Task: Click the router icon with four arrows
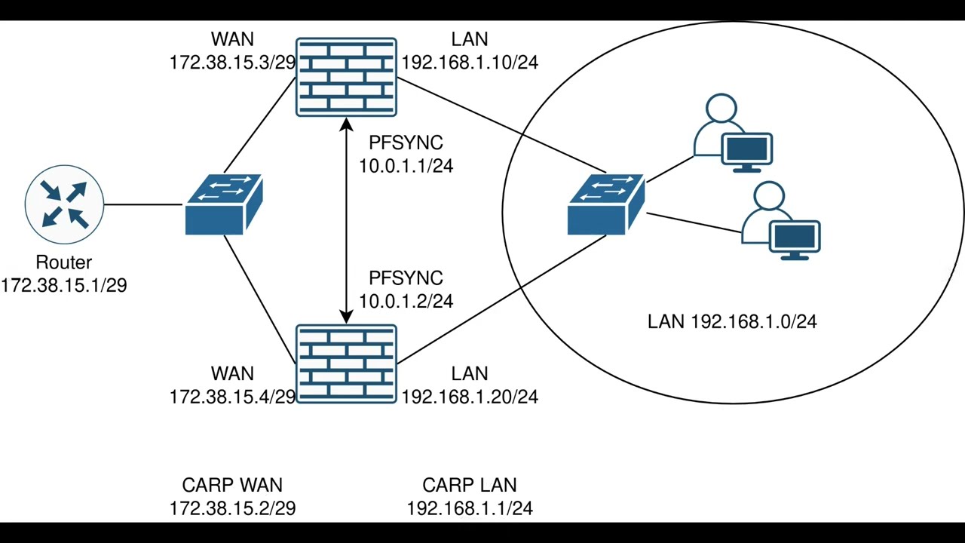64,204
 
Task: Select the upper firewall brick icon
346,77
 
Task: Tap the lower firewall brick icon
346,364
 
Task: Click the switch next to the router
223,205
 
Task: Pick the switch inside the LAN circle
606,205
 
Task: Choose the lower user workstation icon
781,222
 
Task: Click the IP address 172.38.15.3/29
232,62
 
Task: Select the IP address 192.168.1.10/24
470,62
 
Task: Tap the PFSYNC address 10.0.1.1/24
406,166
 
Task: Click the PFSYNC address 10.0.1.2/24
406,301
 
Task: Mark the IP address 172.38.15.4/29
232,397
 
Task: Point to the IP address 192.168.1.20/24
470,397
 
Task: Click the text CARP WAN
232,486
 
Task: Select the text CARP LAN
470,486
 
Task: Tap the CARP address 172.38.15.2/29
232,508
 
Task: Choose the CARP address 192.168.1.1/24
470,508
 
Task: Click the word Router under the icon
64,262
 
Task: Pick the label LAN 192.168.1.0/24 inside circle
732,322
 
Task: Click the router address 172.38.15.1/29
64,285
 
